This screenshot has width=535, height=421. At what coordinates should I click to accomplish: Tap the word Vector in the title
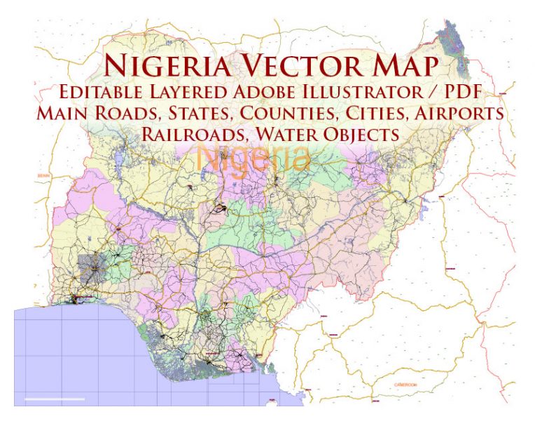coord(302,66)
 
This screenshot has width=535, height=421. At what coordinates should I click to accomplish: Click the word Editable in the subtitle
coord(101,92)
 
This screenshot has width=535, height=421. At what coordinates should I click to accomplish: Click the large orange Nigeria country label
coord(253,157)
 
